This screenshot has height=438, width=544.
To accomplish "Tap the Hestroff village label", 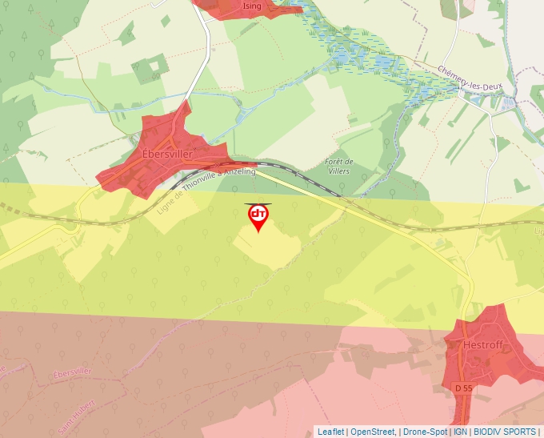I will tap(482, 345).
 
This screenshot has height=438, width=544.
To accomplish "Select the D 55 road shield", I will tap(463, 388).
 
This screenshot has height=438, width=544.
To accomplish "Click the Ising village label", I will tap(252, 6).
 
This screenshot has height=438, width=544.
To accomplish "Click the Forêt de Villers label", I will tap(340, 167).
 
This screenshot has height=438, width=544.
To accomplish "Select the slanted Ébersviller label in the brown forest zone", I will tap(71, 372).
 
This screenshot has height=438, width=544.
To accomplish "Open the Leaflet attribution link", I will tap(330, 432).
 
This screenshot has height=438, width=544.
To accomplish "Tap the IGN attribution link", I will tap(461, 432).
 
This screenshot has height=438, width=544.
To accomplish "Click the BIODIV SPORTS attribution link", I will tap(505, 432).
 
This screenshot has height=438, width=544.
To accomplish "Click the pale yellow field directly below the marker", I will tap(264, 248).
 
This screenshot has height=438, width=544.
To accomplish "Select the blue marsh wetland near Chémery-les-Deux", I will tap(360, 56).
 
